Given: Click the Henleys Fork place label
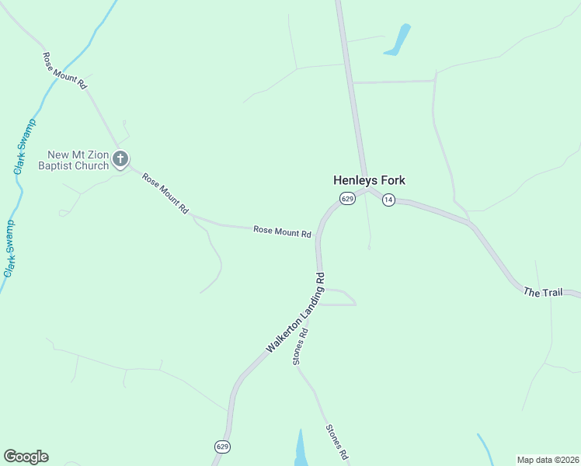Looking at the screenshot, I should pos(369,180).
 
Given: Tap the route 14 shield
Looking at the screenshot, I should pos(388,200).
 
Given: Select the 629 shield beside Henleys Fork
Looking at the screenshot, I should pos(347,200).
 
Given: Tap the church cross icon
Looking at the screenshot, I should pos(120,159).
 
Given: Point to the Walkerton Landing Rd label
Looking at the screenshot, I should pos(295,313).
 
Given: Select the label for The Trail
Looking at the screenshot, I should pos(542,292).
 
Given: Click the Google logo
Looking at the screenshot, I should pos(26,457).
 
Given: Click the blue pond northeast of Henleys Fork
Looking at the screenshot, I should pos(398,40).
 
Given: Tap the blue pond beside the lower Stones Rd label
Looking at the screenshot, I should pos(301,449).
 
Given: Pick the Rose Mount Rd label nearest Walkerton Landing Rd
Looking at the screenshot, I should pos(282,231).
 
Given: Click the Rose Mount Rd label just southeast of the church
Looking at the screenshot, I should pos(165,193).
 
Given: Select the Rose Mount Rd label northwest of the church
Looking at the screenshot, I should pos(64,71).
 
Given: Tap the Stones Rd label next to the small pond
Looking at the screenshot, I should pos(336,443).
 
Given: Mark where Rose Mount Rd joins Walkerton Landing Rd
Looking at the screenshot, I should pos(318,233).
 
